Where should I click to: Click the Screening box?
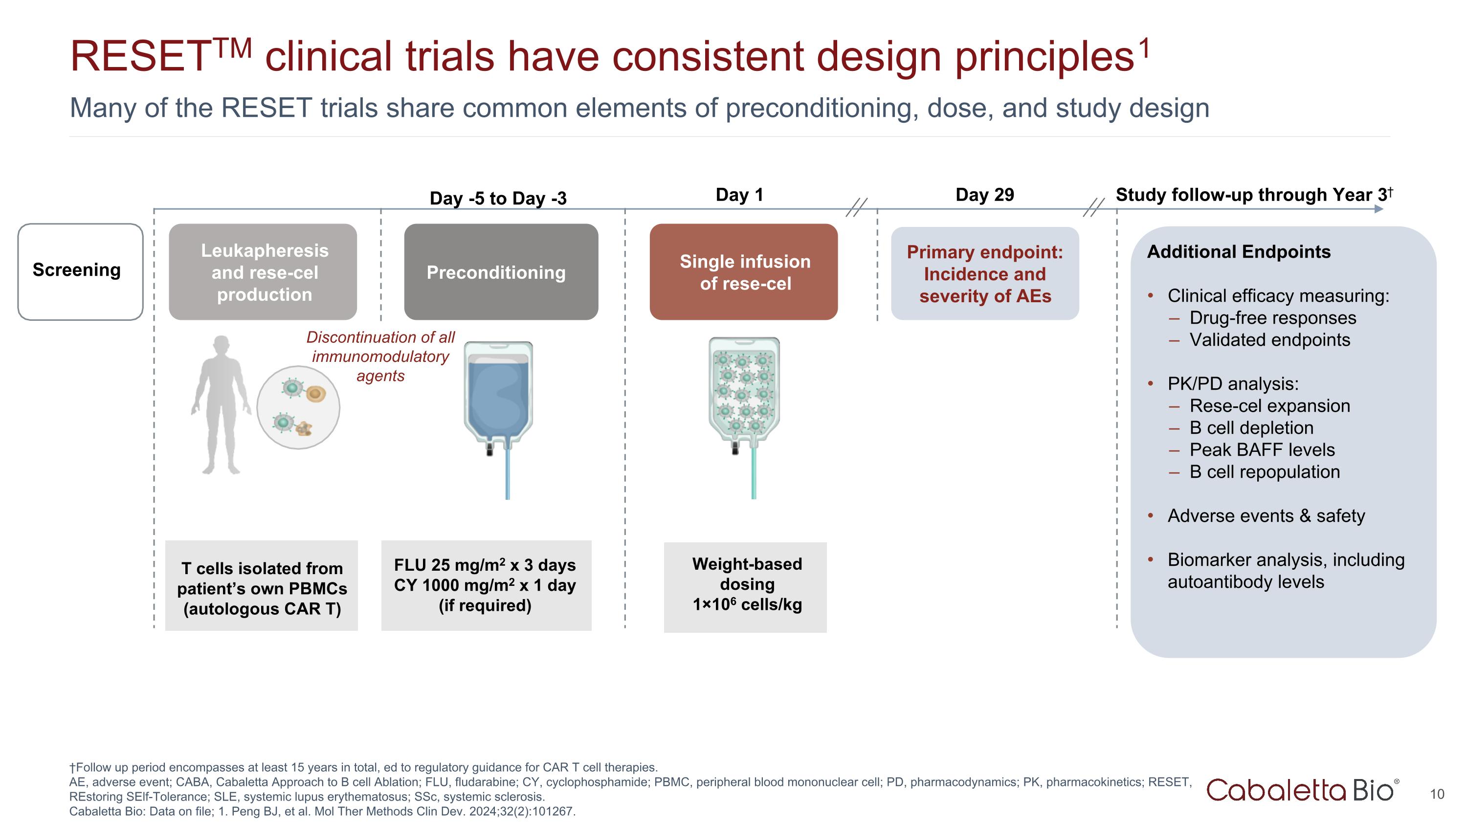(80, 271)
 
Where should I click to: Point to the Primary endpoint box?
(985, 274)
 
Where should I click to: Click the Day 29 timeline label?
(985, 195)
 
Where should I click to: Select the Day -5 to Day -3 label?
(498, 198)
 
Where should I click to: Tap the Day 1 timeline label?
(739, 195)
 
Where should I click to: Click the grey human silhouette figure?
(221, 404)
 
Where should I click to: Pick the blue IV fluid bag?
(498, 399)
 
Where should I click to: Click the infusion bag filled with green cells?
(743, 393)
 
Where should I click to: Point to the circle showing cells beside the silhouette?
(298, 407)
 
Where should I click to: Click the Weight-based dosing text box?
(745, 586)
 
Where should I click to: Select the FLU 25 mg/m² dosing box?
(486, 585)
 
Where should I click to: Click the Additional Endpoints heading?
(1239, 252)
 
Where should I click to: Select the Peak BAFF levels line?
(1262, 450)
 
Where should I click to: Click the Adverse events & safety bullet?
(1266, 516)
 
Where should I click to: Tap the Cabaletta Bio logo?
(1302, 790)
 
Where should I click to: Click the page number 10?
(1436, 794)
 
